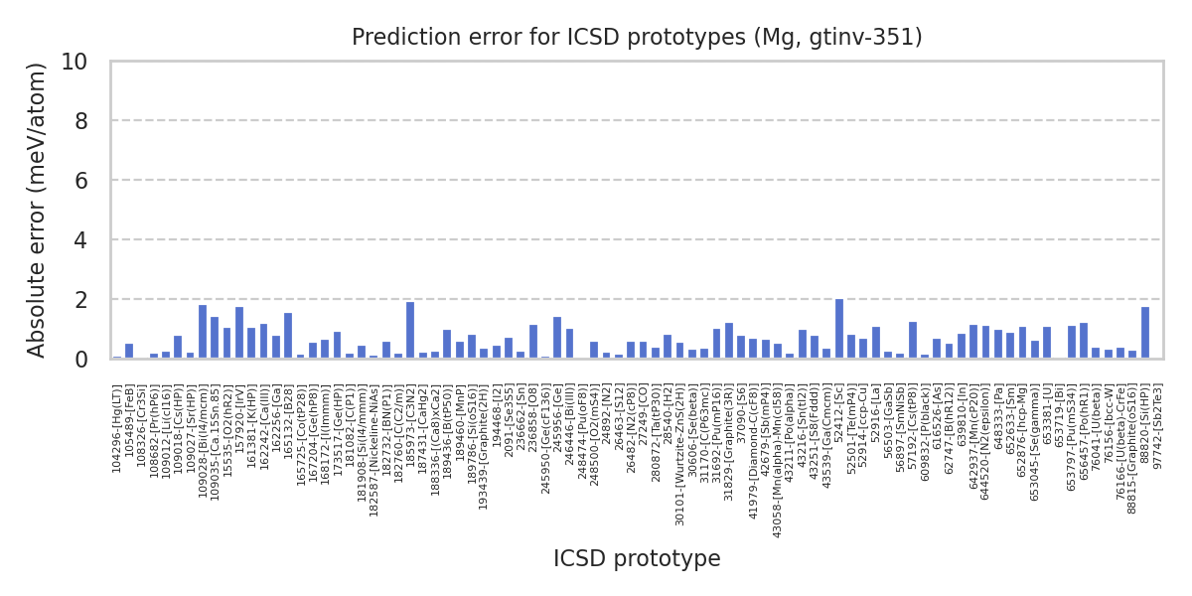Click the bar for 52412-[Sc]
pos(839,329)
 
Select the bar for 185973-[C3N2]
pos(410,331)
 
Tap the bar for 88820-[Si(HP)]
pos(1145,333)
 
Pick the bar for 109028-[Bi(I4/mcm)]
pos(203,332)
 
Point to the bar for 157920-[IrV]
pos(239,333)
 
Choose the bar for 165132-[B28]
pos(288,336)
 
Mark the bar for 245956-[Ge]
pos(557,338)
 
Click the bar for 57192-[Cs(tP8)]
pos(913,341)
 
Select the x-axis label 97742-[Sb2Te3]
pos(1157,427)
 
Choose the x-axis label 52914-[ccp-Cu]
pos(864,427)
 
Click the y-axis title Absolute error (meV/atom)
pos(38,210)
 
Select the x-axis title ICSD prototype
pos(637,559)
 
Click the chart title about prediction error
pos(637,38)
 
